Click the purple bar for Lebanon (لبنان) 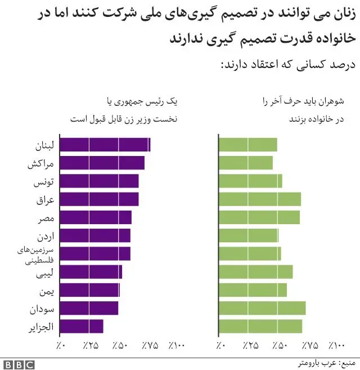[105, 145]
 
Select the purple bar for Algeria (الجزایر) [81, 327]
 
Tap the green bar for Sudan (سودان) [262, 308]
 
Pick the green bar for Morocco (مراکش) [245, 163]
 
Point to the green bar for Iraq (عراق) [259, 199]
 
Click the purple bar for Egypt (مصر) [95, 217]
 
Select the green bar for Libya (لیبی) [255, 272]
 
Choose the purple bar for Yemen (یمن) [89, 290]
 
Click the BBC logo [17, 364]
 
